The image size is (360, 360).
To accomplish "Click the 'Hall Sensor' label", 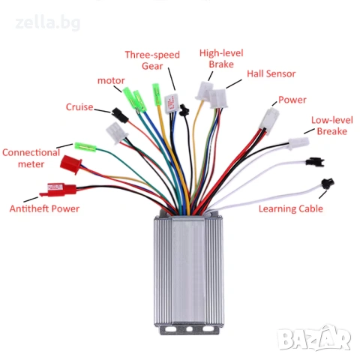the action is [271, 73].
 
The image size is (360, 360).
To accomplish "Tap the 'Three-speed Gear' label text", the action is [152, 60].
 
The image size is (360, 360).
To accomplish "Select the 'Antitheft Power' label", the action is [44, 208].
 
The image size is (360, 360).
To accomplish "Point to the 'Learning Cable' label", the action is [291, 208].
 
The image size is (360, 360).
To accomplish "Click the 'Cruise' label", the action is [79, 107].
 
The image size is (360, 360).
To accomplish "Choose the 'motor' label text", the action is [111, 80].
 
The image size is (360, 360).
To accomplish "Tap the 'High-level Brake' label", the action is [221, 58].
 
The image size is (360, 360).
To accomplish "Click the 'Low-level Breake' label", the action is [332, 125].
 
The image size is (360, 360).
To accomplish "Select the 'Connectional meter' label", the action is [31, 158].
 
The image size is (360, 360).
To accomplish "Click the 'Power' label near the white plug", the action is [292, 100].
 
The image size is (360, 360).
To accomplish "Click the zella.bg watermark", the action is [48, 23].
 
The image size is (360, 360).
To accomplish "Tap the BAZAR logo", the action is [314, 337].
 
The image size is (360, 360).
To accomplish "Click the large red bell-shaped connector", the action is [71, 164].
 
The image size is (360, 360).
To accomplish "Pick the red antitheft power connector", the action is [58, 190].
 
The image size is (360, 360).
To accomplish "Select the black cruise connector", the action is [120, 115].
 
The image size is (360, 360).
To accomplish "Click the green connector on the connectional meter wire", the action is [85, 147].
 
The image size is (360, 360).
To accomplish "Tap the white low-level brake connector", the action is [298, 143].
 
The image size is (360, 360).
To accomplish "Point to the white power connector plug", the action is [269, 121].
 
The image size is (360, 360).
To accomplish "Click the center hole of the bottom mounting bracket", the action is [189, 329].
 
